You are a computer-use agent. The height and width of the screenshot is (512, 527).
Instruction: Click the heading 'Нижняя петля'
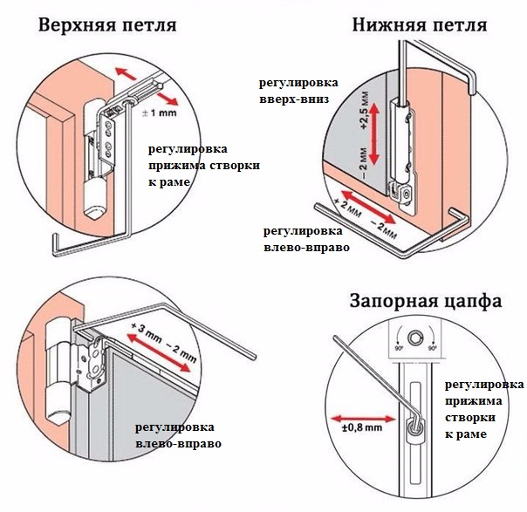[x=420, y=24]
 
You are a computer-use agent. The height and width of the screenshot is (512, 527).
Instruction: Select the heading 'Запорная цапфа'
[x=425, y=302]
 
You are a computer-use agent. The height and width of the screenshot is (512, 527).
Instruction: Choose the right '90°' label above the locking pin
[x=433, y=347]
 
